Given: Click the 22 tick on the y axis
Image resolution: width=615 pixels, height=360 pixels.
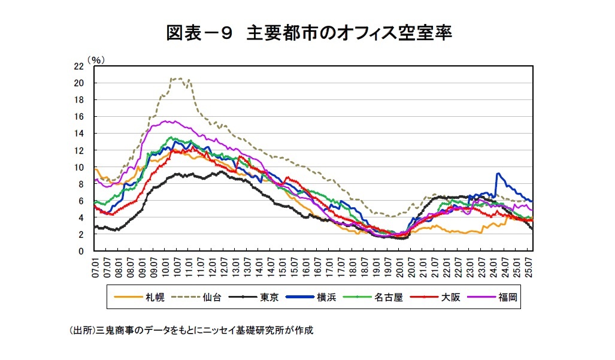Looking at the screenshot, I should click(x=78, y=66).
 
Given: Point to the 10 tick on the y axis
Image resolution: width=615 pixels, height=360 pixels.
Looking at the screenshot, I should click(x=78, y=168).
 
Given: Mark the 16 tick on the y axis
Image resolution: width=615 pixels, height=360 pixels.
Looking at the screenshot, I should click(x=78, y=117).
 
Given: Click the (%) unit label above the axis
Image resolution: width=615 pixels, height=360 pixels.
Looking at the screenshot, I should click(x=95, y=59).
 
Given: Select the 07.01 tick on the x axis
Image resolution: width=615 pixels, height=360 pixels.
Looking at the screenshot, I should click(x=94, y=266).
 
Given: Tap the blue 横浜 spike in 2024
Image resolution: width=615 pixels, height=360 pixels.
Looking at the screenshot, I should click(x=497, y=174).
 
